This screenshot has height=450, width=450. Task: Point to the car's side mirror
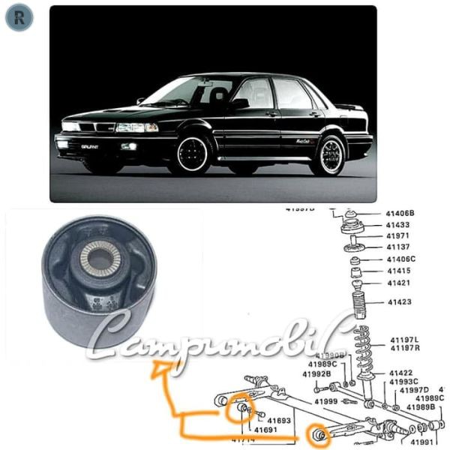[x=239, y=103]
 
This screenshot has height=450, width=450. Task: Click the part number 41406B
[x=400, y=213]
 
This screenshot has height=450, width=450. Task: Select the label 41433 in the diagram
[x=397, y=224]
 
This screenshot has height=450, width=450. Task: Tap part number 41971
[x=397, y=235]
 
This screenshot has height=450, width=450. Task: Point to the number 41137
[x=397, y=247]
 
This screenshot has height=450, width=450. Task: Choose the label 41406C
[x=400, y=259]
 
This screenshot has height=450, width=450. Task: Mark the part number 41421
[x=398, y=283]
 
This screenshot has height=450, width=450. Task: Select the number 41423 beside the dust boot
[x=400, y=303]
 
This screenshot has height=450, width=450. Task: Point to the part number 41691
[x=265, y=430]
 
